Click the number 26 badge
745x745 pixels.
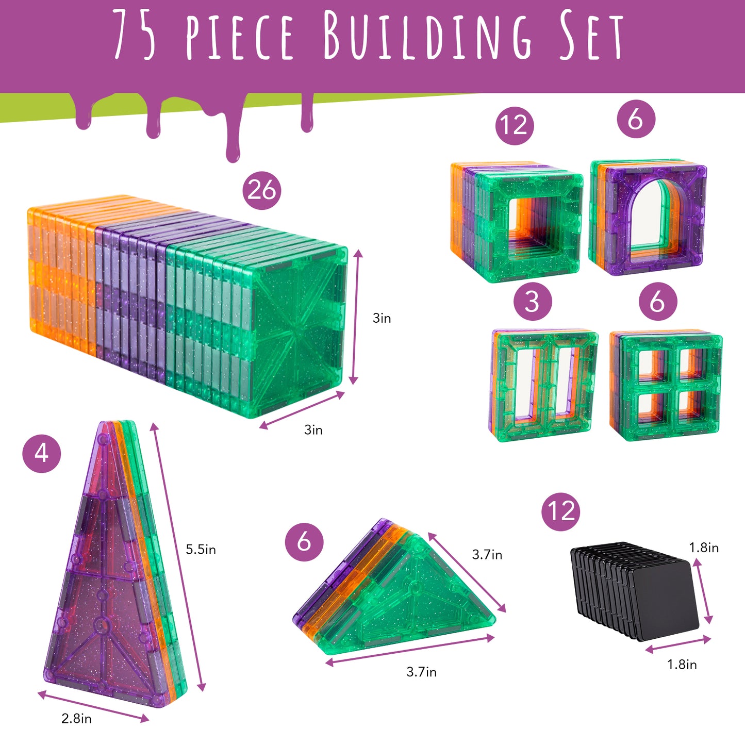click(262, 190)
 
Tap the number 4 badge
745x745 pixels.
click(42, 454)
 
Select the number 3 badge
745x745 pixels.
click(533, 301)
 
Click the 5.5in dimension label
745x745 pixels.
click(201, 550)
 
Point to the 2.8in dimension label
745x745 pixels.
click(76, 718)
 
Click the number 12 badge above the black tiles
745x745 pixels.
click(561, 511)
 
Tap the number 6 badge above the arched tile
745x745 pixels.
click(636, 119)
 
